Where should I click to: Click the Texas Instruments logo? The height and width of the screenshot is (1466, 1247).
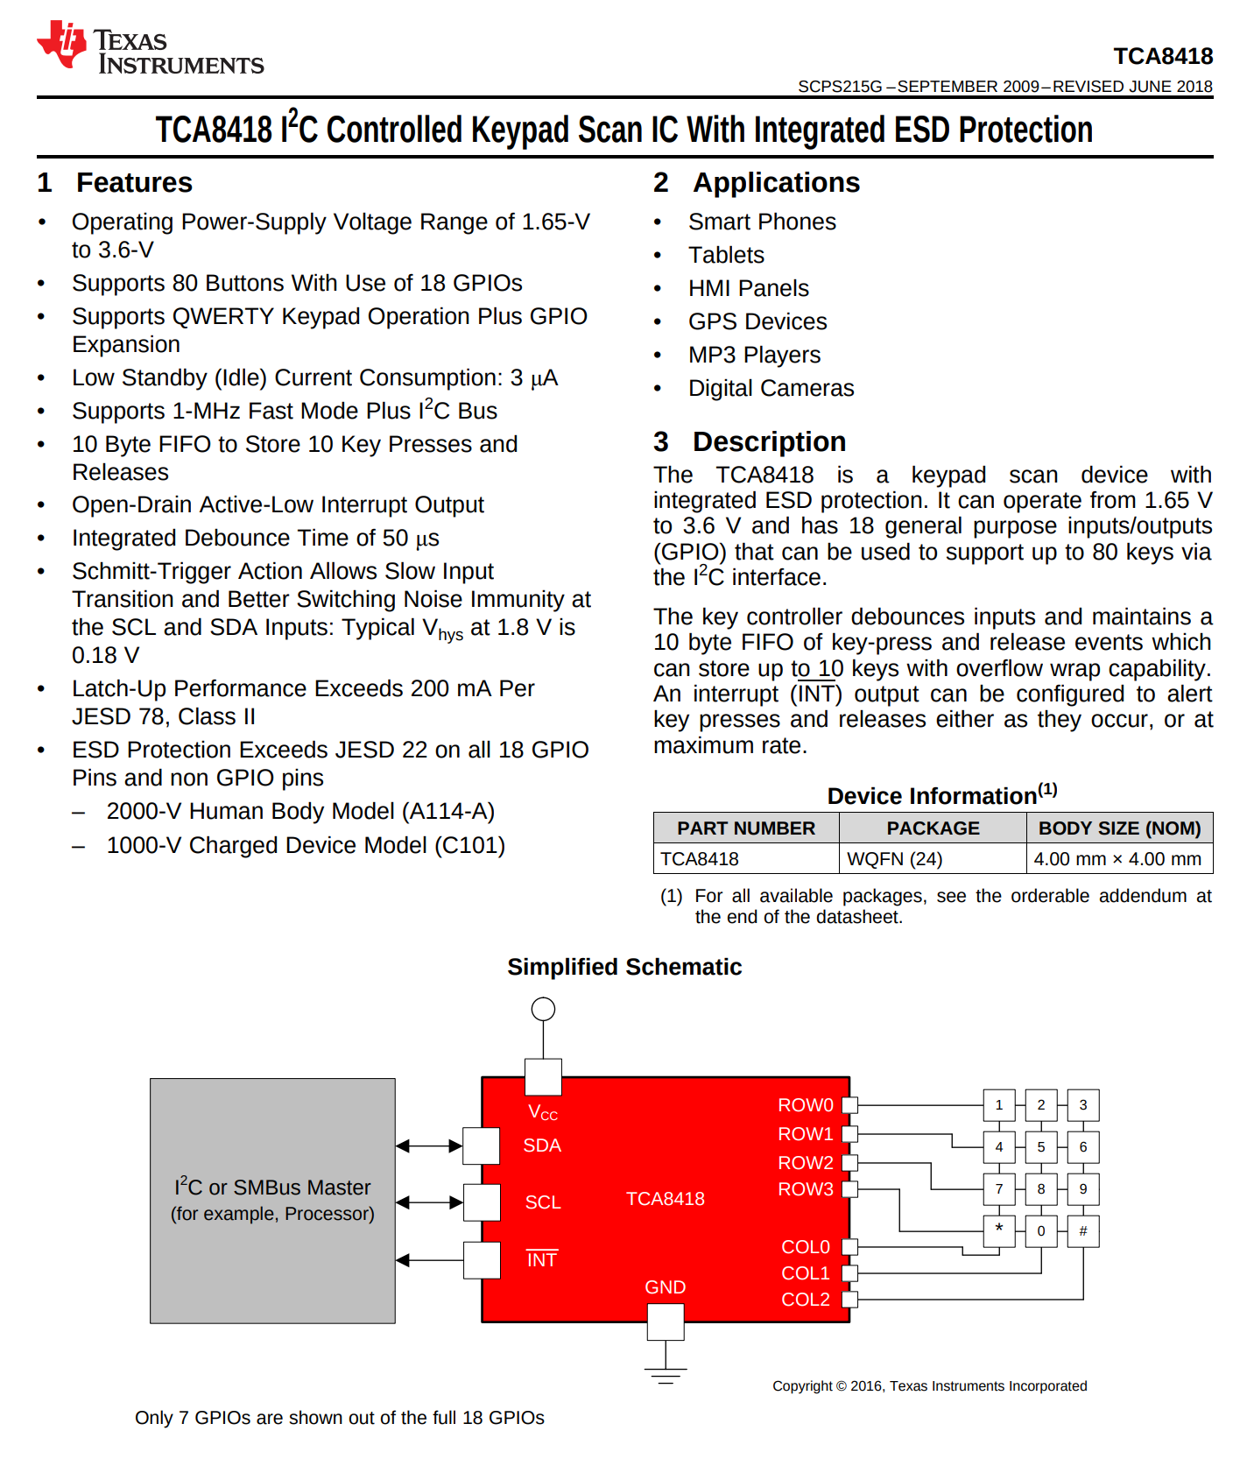(x=149, y=50)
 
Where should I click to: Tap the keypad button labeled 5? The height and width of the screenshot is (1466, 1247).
(x=1041, y=1147)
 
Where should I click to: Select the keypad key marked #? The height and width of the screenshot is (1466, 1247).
(x=1083, y=1231)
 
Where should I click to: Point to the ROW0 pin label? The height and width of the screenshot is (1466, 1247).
(x=806, y=1105)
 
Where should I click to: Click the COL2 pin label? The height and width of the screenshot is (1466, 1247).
(x=806, y=1300)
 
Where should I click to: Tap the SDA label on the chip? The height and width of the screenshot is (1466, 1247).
(x=542, y=1145)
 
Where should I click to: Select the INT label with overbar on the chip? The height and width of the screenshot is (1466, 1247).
(x=542, y=1259)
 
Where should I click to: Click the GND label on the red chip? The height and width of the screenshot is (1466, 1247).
(x=666, y=1287)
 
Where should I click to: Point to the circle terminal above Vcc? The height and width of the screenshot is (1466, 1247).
(x=543, y=1009)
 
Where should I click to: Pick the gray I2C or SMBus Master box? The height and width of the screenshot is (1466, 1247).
(x=272, y=1200)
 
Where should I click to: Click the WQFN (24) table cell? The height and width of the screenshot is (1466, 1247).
(x=895, y=859)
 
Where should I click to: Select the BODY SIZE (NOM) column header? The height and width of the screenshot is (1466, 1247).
(x=1119, y=828)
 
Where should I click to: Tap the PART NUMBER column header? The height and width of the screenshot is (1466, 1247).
(x=746, y=828)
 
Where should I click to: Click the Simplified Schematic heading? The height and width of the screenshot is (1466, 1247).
(x=624, y=967)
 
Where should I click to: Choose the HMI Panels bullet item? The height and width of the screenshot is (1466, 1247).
(x=749, y=288)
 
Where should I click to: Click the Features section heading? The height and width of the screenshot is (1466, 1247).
(x=134, y=182)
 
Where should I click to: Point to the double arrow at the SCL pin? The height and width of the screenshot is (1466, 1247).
(x=429, y=1202)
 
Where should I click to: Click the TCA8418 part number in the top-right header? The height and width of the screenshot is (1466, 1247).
(x=1163, y=56)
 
